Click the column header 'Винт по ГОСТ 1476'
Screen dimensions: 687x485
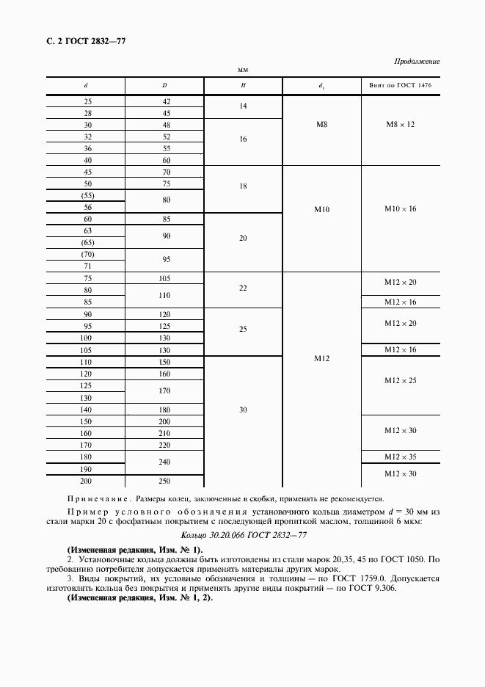[x=401, y=86]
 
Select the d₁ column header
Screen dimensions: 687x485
[x=322, y=86]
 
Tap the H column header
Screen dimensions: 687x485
[x=243, y=86]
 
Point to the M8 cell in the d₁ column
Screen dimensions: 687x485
[x=322, y=125]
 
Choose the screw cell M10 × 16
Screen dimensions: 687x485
[x=401, y=209]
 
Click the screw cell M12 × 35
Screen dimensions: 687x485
[x=401, y=457]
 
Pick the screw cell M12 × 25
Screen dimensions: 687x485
[x=401, y=380]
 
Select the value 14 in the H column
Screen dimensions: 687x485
[x=243, y=107]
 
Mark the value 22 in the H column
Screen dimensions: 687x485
[x=243, y=288]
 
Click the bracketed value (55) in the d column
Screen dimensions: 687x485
[x=88, y=196]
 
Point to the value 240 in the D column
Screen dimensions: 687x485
[x=165, y=462]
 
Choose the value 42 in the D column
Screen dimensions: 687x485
[x=165, y=101]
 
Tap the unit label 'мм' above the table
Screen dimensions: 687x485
[x=243, y=71]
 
